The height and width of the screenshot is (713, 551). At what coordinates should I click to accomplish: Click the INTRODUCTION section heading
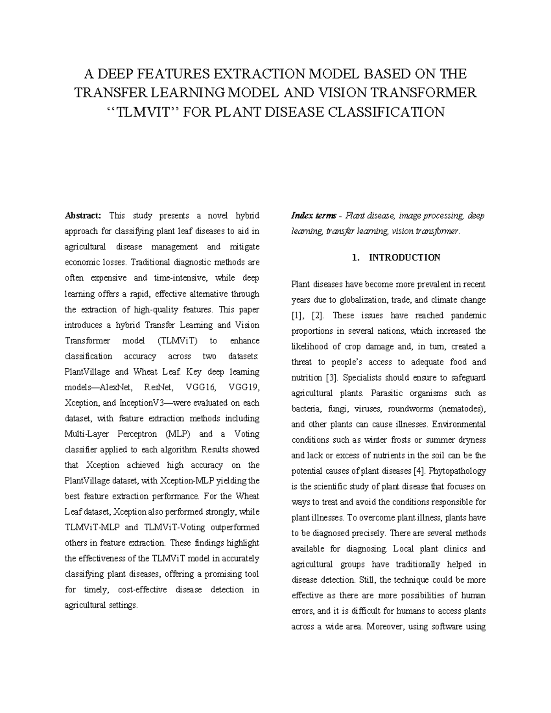[x=405, y=258]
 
